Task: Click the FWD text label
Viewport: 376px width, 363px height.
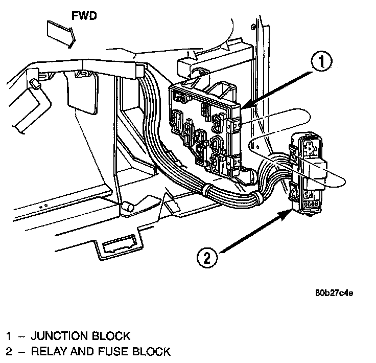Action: (84, 16)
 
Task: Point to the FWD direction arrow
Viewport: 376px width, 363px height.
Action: (61, 34)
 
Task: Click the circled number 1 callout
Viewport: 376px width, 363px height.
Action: (321, 61)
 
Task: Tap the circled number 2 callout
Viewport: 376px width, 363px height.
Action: (207, 258)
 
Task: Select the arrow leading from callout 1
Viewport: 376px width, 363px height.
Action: (277, 90)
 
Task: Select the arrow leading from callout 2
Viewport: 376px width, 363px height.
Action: (255, 231)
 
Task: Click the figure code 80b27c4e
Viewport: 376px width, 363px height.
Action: (334, 293)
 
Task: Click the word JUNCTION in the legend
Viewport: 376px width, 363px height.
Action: (59, 336)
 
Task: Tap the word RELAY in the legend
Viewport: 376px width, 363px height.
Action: (49, 351)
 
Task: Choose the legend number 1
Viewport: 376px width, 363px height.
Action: (9, 336)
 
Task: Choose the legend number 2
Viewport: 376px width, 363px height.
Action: (9, 351)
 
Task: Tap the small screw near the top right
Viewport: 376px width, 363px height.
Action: (253, 27)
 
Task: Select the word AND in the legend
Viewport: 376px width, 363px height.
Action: (82, 351)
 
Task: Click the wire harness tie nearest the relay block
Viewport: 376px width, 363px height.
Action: (257, 198)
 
